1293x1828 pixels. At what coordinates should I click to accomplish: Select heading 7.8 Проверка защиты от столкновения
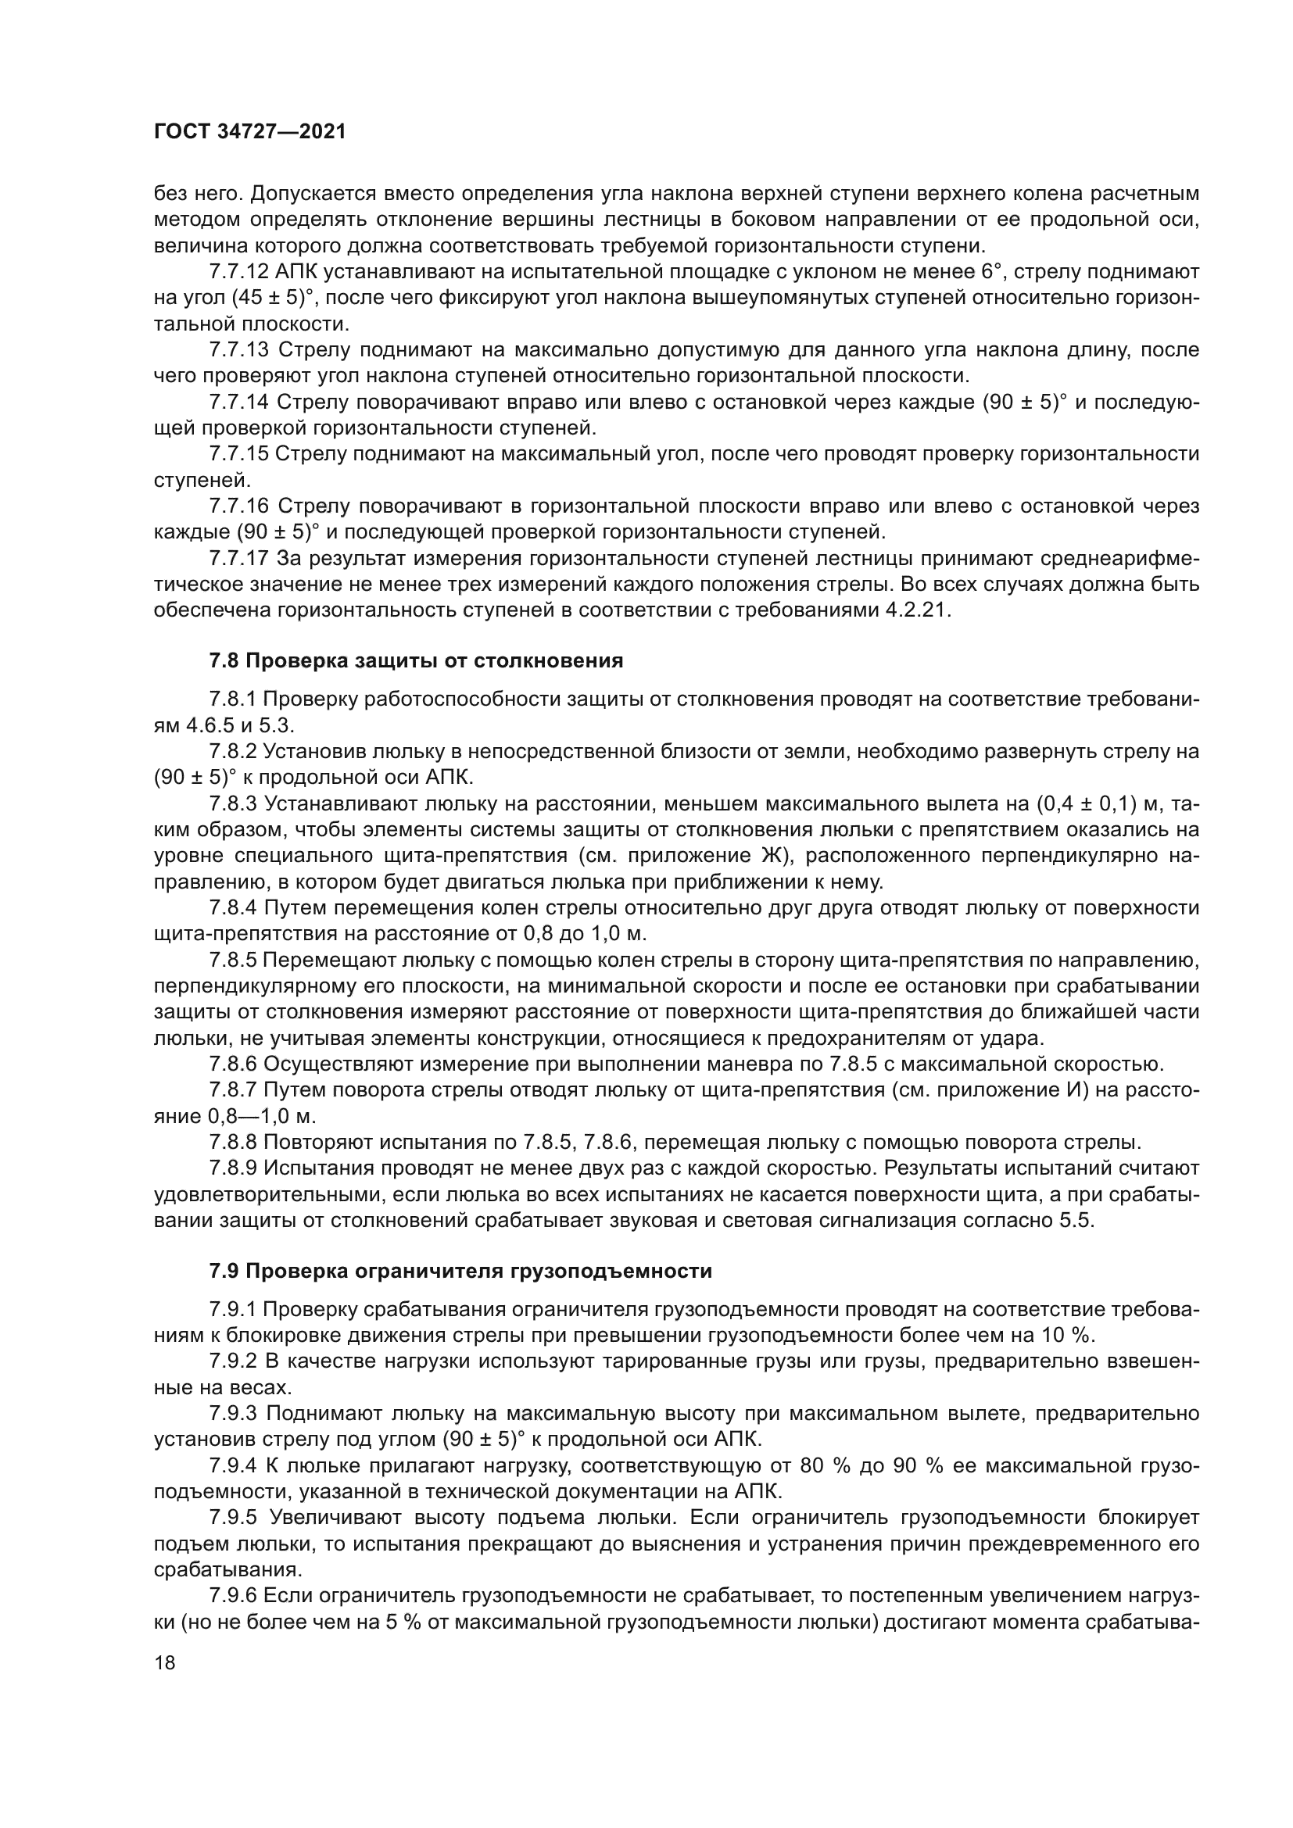tap(416, 661)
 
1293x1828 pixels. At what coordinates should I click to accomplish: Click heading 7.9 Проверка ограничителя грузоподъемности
tap(460, 1271)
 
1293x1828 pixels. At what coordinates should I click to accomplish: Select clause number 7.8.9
tap(232, 1168)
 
